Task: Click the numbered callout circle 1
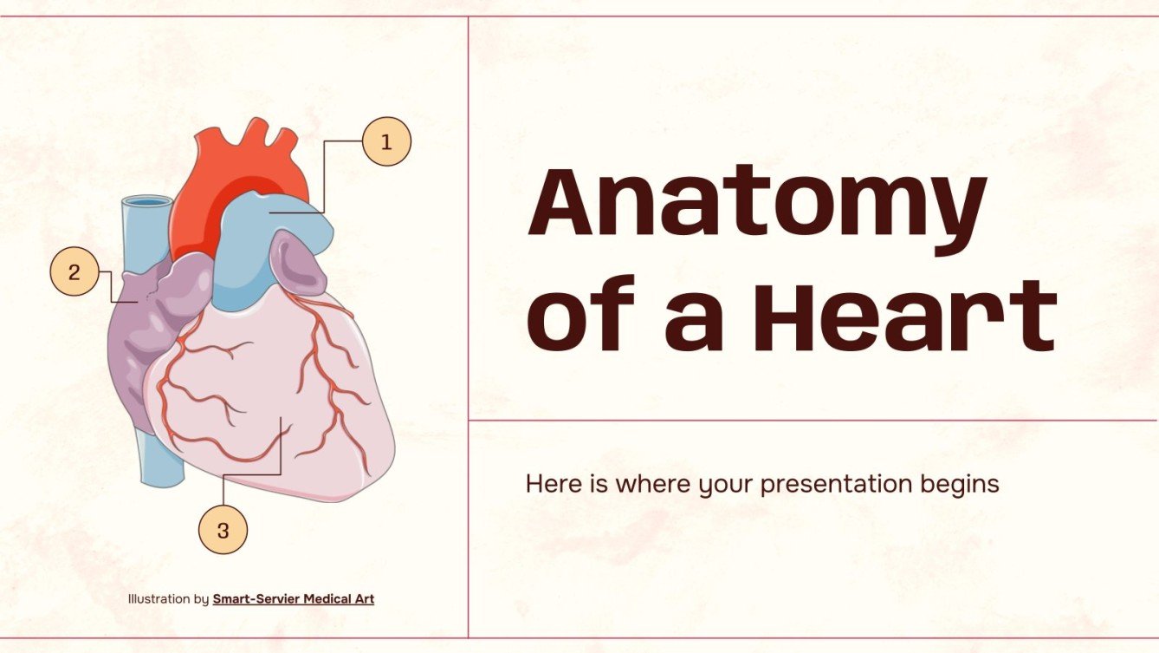[x=385, y=141]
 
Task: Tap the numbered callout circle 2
[x=74, y=271]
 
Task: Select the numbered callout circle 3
[x=223, y=530]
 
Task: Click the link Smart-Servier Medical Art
[x=294, y=598]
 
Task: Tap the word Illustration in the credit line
[x=159, y=598]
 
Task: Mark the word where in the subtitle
[x=648, y=483]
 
